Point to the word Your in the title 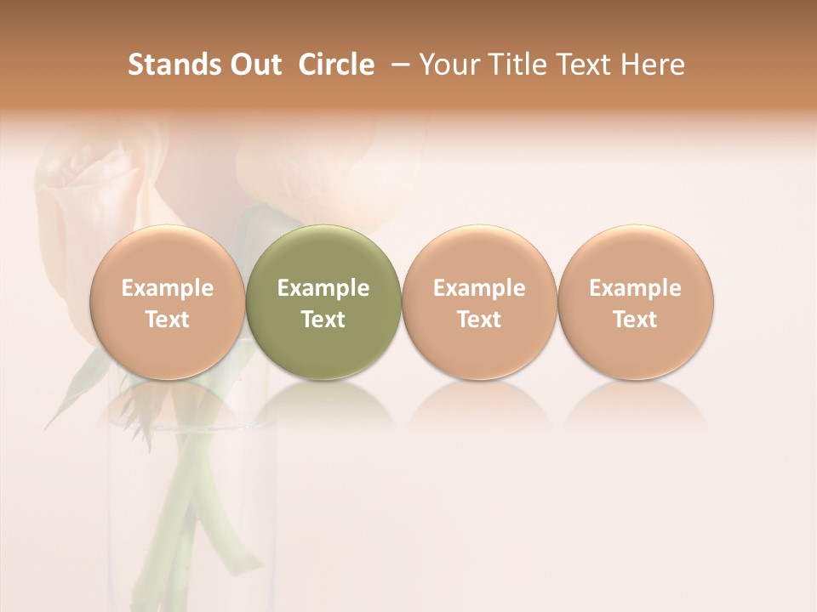[446, 65]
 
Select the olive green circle [323, 302]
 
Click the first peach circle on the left [168, 302]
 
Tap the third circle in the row [479, 302]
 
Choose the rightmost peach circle [636, 302]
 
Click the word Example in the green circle [323, 288]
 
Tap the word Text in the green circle [323, 320]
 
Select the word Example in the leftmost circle [168, 288]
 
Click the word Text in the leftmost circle [168, 320]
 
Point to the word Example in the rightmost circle [636, 288]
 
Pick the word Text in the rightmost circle [636, 320]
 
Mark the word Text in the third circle [479, 320]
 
